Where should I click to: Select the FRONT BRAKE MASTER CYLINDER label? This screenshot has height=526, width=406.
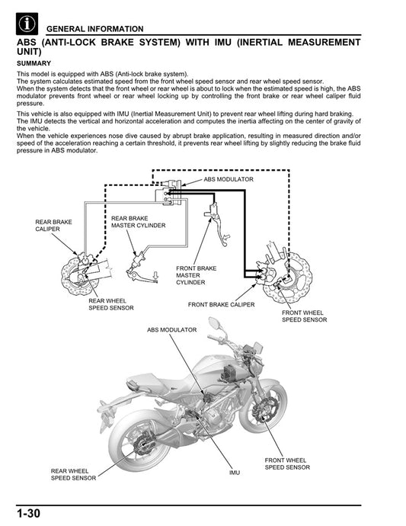[196, 275]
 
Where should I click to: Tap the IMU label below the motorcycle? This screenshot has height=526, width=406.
[234, 473]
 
